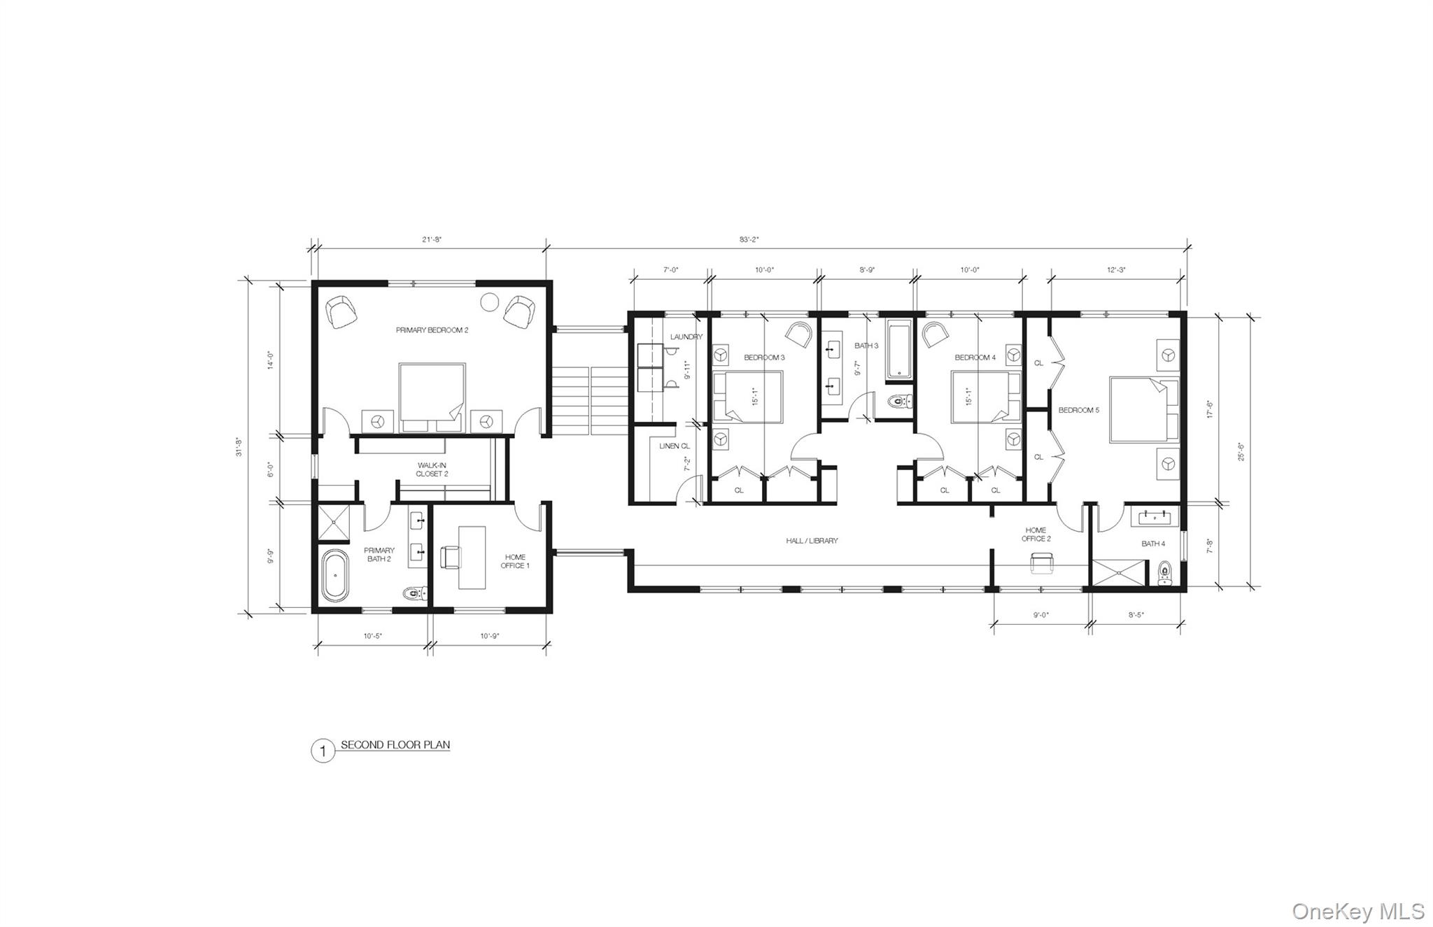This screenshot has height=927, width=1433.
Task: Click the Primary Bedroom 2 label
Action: pyautogui.click(x=432, y=330)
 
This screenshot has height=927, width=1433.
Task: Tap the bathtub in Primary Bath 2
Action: pyautogui.click(x=335, y=576)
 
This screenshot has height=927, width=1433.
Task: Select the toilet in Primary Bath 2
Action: pyautogui.click(x=416, y=594)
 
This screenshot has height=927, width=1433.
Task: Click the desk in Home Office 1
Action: pyautogui.click(x=472, y=558)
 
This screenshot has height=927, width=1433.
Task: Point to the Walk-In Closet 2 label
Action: pyautogui.click(x=432, y=469)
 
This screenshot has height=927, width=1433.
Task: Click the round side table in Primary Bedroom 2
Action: pyautogui.click(x=489, y=302)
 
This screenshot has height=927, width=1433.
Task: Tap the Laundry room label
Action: pyautogui.click(x=686, y=337)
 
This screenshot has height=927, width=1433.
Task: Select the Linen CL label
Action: pyautogui.click(x=675, y=446)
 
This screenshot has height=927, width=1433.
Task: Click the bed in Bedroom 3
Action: pyautogui.click(x=747, y=397)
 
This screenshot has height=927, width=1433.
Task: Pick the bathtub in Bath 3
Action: pyautogui.click(x=899, y=350)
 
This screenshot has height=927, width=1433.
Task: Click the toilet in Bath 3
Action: pyautogui.click(x=899, y=402)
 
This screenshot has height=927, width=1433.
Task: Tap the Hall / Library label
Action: pyautogui.click(x=812, y=541)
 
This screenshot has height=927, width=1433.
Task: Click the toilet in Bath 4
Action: pyautogui.click(x=1164, y=574)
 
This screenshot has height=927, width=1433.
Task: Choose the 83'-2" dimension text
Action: pyautogui.click(x=749, y=240)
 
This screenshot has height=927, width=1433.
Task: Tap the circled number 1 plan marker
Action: pyautogui.click(x=323, y=751)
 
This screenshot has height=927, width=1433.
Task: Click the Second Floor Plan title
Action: pyautogui.click(x=395, y=745)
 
